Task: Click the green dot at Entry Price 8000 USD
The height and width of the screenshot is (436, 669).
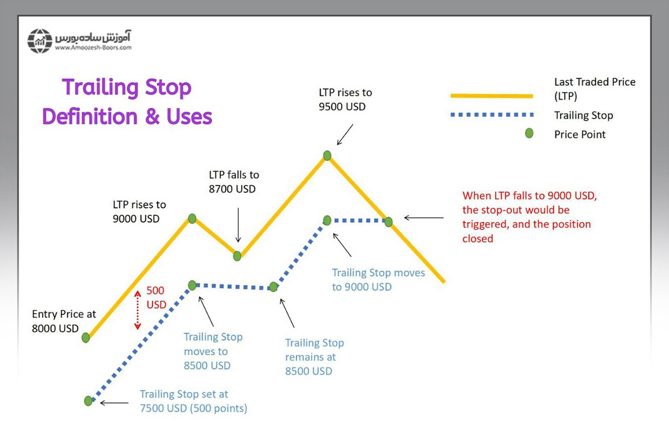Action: (86, 337)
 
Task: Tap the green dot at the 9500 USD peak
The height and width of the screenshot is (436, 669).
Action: (327, 155)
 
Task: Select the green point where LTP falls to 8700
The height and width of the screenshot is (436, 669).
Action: (237, 256)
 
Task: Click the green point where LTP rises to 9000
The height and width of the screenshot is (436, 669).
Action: (192, 219)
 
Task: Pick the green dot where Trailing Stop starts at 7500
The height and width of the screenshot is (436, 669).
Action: (88, 401)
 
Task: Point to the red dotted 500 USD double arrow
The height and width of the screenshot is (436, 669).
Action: (138, 310)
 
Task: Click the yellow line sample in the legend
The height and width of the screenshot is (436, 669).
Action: (491, 96)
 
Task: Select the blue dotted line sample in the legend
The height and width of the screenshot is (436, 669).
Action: (491, 115)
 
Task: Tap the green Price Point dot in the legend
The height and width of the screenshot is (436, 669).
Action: (529, 134)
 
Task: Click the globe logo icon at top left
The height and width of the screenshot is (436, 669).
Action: (39, 41)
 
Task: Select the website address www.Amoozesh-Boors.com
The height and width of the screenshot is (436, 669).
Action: (93, 48)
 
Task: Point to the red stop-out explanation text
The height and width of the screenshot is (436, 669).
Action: (529, 217)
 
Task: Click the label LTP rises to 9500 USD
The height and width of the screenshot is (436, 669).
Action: (345, 99)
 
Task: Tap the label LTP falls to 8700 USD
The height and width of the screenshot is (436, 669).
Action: (234, 181)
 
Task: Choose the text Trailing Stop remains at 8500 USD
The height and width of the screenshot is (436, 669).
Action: (314, 357)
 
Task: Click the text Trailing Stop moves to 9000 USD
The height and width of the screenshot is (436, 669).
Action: (378, 279)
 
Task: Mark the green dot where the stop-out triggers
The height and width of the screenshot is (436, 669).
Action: (389, 221)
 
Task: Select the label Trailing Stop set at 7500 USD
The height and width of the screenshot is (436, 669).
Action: (193, 401)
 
